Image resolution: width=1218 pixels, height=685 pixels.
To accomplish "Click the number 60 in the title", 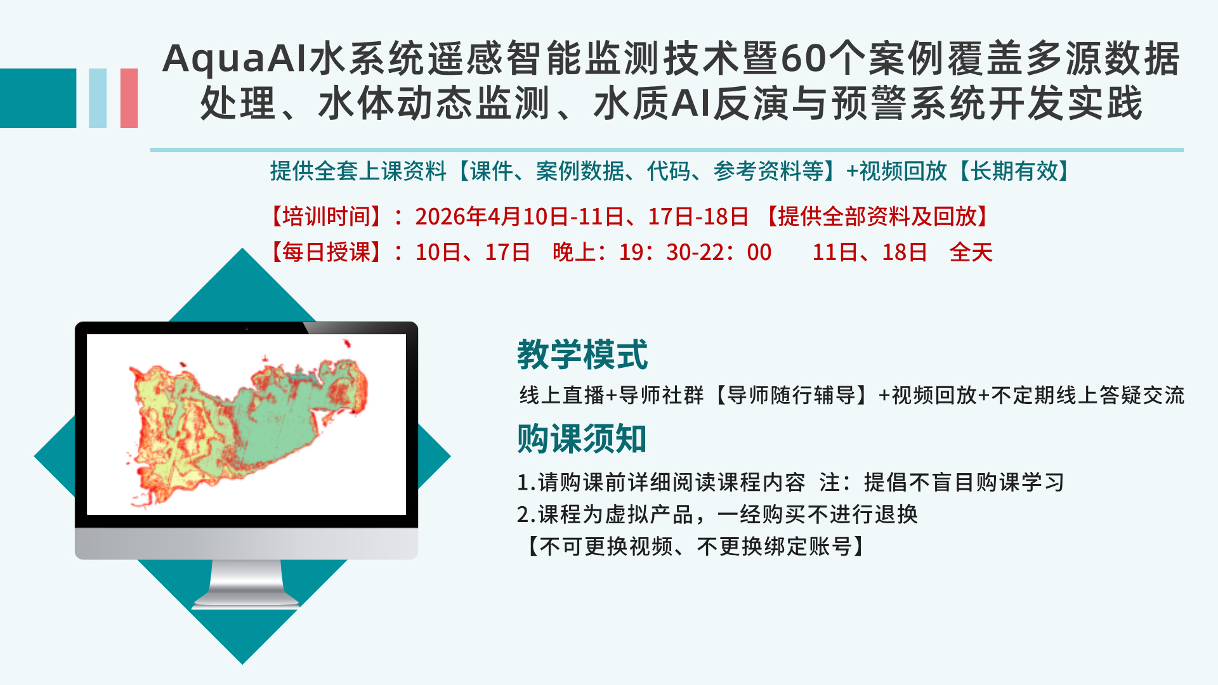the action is click(x=804, y=58).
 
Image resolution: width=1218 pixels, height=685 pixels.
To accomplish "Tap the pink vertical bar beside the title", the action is click(x=129, y=98).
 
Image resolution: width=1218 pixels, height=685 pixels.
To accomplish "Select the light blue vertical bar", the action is click(x=98, y=98).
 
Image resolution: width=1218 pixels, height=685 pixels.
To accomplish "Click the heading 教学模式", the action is click(x=582, y=354).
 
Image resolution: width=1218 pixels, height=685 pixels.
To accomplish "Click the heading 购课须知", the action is click(x=582, y=438).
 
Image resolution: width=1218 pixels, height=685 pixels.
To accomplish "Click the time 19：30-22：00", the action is click(x=695, y=252).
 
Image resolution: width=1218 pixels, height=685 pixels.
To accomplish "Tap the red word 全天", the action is click(x=971, y=252).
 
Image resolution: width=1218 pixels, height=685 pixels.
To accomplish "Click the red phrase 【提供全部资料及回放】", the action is click(x=877, y=217).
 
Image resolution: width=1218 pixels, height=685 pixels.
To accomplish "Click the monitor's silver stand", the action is click(x=246, y=584).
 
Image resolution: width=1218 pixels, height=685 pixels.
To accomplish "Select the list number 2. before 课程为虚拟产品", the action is click(x=527, y=514).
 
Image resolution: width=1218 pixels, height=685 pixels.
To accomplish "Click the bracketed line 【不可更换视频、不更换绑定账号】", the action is click(x=693, y=546).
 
